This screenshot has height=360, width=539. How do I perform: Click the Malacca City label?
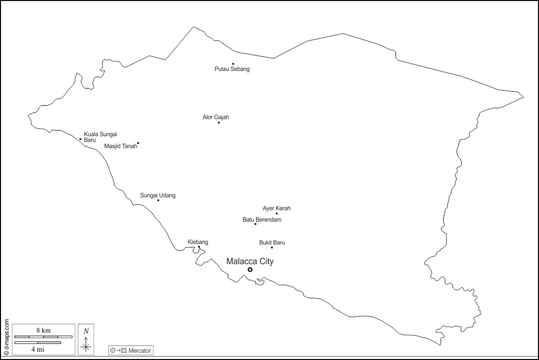click(250, 262)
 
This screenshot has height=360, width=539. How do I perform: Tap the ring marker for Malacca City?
click(250, 269)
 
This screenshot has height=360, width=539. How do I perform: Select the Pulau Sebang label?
click(232, 69)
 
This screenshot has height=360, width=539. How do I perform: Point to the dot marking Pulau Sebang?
click(233, 64)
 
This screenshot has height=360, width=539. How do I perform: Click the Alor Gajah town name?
click(216, 117)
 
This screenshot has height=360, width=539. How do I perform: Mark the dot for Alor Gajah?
click(219, 123)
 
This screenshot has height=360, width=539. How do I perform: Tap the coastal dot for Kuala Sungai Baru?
click(80, 139)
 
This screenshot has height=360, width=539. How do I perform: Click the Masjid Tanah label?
click(121, 146)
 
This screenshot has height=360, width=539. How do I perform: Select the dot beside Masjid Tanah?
click(138, 143)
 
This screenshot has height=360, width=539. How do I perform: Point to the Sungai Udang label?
click(158, 195)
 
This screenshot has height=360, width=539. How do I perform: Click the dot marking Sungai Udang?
click(158, 200)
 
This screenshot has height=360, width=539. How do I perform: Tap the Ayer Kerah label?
click(277, 208)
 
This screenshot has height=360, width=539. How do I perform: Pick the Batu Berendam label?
click(262, 220)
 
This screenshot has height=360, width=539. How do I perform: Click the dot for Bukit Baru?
click(272, 247)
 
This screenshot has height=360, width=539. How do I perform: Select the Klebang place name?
click(197, 242)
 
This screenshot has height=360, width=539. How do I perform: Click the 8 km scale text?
click(44, 330)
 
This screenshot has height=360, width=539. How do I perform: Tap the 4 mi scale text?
click(37, 349)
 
